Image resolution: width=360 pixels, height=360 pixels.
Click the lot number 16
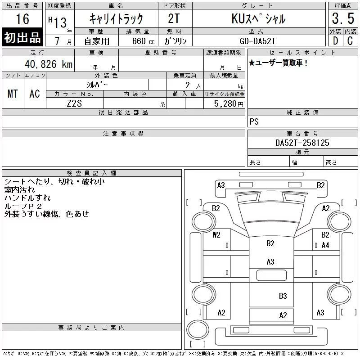[22, 19]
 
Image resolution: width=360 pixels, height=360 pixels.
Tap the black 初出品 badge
[22, 37]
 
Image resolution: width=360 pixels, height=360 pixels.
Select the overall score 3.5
[343, 18]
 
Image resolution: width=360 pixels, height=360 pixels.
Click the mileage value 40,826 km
[49, 64]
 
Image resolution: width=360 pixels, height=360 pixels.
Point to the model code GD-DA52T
[257, 41]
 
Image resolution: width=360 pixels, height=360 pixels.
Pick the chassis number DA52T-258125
[302, 143]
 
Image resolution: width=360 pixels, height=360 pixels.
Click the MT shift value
[13, 94]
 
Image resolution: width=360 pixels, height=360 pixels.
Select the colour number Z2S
[74, 103]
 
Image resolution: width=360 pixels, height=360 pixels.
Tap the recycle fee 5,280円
[229, 103]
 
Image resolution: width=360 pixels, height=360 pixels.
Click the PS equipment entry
[254, 121]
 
